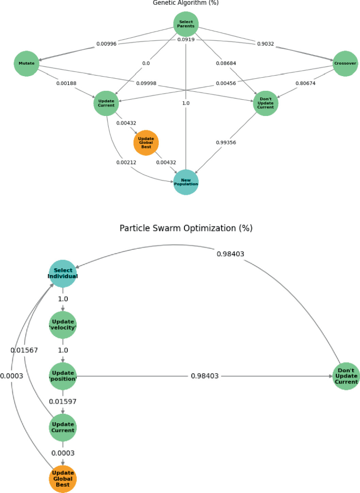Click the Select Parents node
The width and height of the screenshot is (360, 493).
click(x=186, y=24)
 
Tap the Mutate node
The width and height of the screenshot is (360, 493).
click(x=26, y=64)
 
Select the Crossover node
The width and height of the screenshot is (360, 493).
click(x=345, y=64)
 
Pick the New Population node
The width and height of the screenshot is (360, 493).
click(x=186, y=182)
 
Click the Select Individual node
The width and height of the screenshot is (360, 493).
click(x=63, y=274)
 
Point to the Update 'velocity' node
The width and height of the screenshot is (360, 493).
click(x=63, y=325)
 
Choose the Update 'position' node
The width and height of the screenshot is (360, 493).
click(x=63, y=376)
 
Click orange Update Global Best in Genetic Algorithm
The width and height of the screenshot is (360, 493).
click(x=146, y=143)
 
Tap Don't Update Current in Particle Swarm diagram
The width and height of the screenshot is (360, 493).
click(x=346, y=376)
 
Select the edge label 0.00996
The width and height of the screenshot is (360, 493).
click(x=106, y=44)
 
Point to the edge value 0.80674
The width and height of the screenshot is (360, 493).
click(x=305, y=83)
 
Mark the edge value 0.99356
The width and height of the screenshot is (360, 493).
click(x=227, y=143)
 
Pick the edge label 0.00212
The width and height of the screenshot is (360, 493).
click(x=126, y=163)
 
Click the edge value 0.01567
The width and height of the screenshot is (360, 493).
click(x=24, y=350)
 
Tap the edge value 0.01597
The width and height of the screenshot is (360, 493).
click(x=63, y=402)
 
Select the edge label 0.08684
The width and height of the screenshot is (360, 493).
click(x=227, y=64)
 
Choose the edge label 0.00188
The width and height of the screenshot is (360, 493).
click(x=66, y=83)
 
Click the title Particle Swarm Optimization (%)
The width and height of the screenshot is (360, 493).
click(x=186, y=228)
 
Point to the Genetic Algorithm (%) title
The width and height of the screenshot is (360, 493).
click(x=186, y=3)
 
